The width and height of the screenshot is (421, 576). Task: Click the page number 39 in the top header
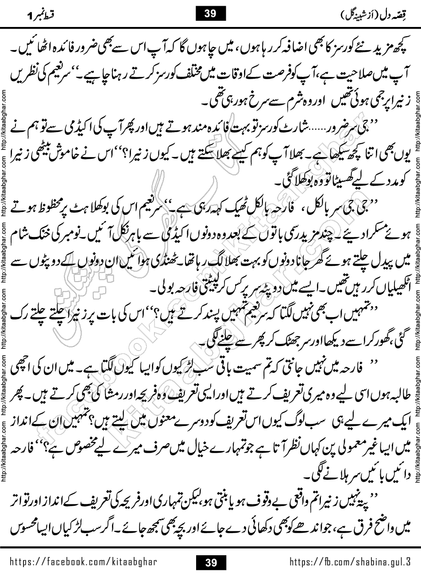[x=210, y=13]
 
